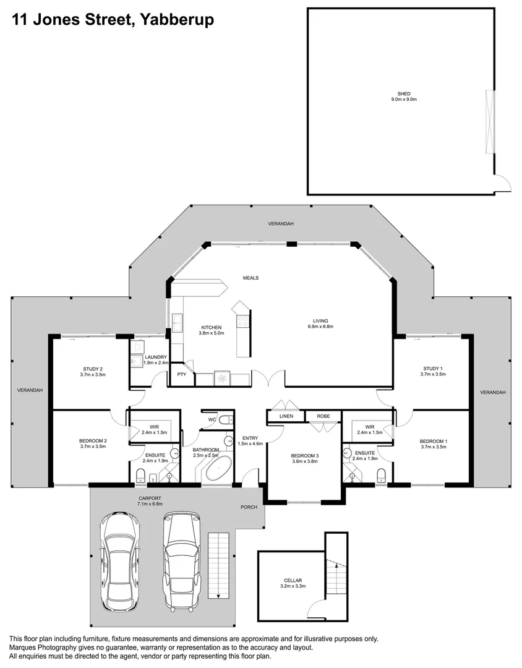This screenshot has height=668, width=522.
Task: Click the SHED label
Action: (403, 94)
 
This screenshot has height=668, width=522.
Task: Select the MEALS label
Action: (250, 278)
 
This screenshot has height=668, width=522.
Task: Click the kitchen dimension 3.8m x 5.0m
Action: (212, 333)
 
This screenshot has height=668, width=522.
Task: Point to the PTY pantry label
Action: (182, 374)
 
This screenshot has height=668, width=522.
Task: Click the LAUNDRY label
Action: (155, 357)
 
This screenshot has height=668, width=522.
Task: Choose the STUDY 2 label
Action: (93, 369)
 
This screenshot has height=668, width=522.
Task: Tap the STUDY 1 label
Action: (433, 369)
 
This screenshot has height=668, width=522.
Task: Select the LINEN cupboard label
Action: (286, 416)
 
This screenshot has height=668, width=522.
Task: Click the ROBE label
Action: (323, 416)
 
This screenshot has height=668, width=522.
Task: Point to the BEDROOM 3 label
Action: (305, 455)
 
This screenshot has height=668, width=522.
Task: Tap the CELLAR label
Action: (293, 580)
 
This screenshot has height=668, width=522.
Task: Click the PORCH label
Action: (249, 507)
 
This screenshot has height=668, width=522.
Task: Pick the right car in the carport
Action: (182, 560)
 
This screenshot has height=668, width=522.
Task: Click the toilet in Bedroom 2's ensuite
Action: (140, 476)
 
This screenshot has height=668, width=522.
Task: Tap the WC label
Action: (212, 419)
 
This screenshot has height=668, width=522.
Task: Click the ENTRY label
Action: (250, 438)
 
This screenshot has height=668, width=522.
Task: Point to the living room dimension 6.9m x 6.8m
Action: (320, 327)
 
